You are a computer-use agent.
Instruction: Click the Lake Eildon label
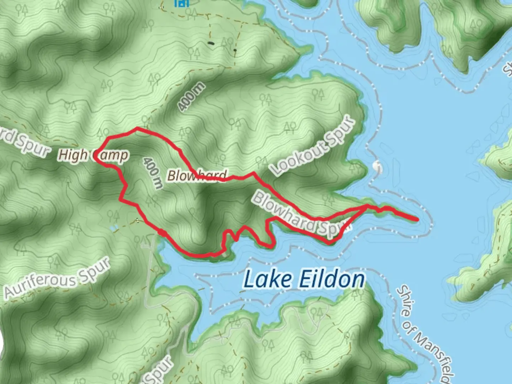tap(304, 279)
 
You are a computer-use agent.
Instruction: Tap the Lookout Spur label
tap(313, 146)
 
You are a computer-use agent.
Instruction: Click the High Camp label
tap(93, 155)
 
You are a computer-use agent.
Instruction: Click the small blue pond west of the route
tap(113, 228)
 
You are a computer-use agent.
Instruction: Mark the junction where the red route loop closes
tap(366, 206)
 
